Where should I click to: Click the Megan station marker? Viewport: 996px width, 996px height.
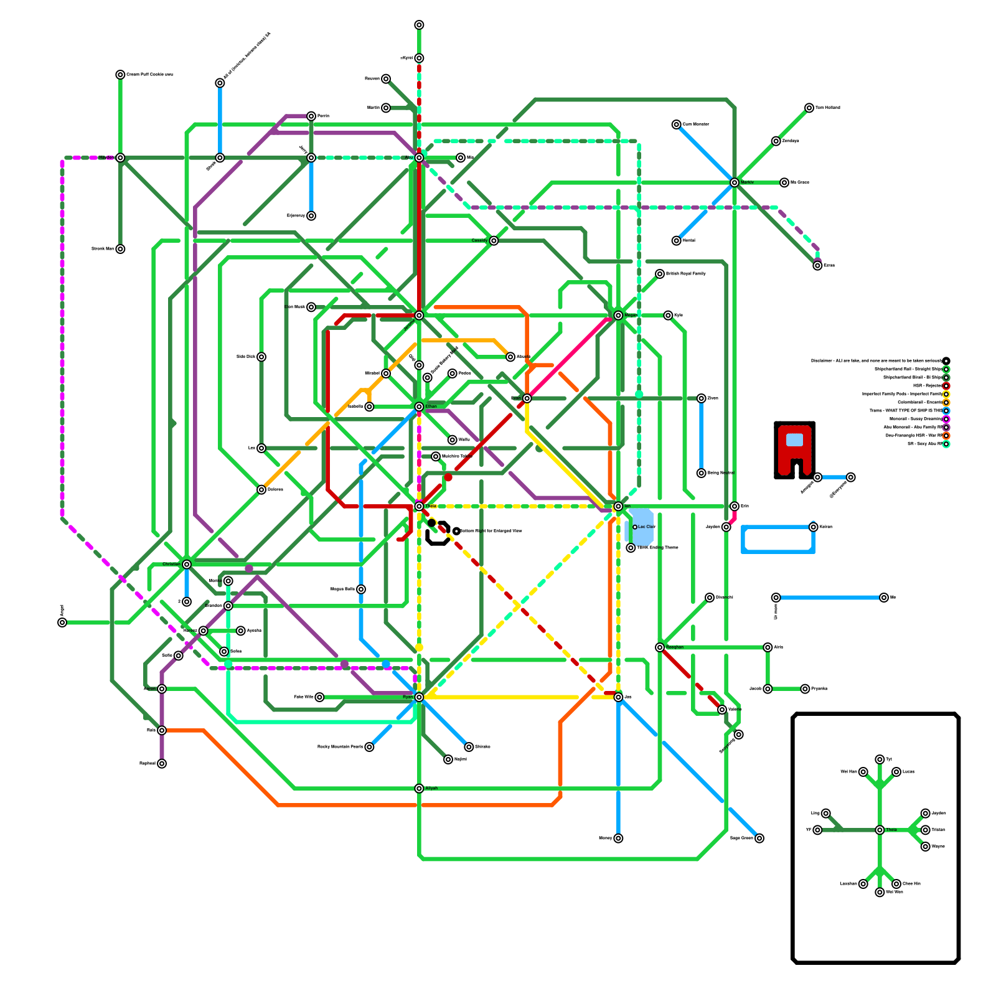click(x=618, y=316)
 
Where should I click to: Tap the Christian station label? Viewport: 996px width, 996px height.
click(x=171, y=564)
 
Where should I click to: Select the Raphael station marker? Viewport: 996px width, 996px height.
click(x=162, y=763)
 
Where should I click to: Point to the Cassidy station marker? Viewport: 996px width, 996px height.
click(x=494, y=241)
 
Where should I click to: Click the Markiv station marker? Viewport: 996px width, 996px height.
click(x=735, y=182)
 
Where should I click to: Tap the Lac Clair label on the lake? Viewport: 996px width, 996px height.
click(x=646, y=527)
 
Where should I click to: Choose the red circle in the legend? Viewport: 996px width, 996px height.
click(x=946, y=386)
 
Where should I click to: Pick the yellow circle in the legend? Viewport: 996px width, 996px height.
click(x=946, y=394)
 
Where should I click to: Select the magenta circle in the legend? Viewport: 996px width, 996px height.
click(x=946, y=419)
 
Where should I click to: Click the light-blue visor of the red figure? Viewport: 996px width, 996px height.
click(x=794, y=439)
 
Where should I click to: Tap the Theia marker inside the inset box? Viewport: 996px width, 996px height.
click(x=880, y=830)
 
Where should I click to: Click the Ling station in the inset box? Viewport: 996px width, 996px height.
click(x=825, y=813)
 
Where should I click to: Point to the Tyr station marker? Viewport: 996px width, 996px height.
click(x=880, y=759)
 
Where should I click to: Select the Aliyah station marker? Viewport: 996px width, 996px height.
click(x=419, y=789)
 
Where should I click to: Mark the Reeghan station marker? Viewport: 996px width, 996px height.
click(x=660, y=647)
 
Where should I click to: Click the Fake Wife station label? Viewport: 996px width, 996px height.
click(x=303, y=697)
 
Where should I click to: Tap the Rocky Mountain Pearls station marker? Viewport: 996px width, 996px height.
click(x=369, y=747)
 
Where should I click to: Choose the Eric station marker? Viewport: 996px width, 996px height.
click(x=735, y=507)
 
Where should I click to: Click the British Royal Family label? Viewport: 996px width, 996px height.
click(x=685, y=273)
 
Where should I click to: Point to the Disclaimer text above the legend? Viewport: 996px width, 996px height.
click(x=876, y=361)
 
